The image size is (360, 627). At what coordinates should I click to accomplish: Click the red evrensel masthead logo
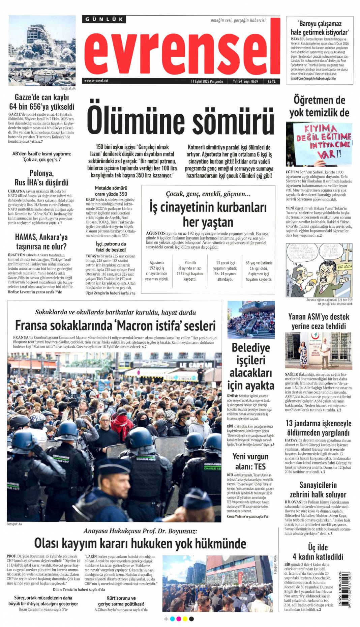point(182,51)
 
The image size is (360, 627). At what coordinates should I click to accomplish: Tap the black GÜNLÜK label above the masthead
point(104,20)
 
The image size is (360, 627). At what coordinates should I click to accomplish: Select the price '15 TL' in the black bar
point(271,81)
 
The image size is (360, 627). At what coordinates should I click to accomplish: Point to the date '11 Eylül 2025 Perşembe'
point(207,81)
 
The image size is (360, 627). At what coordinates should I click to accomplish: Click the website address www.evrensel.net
point(96,81)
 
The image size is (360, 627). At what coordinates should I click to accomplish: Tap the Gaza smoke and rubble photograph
point(42,51)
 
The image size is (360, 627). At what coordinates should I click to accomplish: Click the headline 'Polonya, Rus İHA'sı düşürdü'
point(41,178)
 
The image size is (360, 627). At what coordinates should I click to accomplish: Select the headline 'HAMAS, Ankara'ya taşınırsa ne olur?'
point(41,241)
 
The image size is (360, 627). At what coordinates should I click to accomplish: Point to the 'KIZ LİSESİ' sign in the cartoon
point(344,266)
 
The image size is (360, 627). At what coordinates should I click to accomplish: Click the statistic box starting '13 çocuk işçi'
point(225,271)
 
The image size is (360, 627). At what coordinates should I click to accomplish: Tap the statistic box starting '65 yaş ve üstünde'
point(259,271)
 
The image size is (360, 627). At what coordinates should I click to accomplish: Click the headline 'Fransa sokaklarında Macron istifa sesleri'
point(115,326)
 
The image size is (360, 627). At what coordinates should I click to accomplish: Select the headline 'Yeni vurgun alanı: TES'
point(250,461)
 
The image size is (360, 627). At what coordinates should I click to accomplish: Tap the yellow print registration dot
point(185,619)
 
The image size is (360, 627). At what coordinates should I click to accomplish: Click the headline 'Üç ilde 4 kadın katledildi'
point(318,552)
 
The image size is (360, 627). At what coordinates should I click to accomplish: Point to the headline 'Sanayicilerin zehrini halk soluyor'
point(318,490)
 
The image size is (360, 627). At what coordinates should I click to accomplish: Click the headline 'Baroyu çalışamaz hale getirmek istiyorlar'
point(320,28)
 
